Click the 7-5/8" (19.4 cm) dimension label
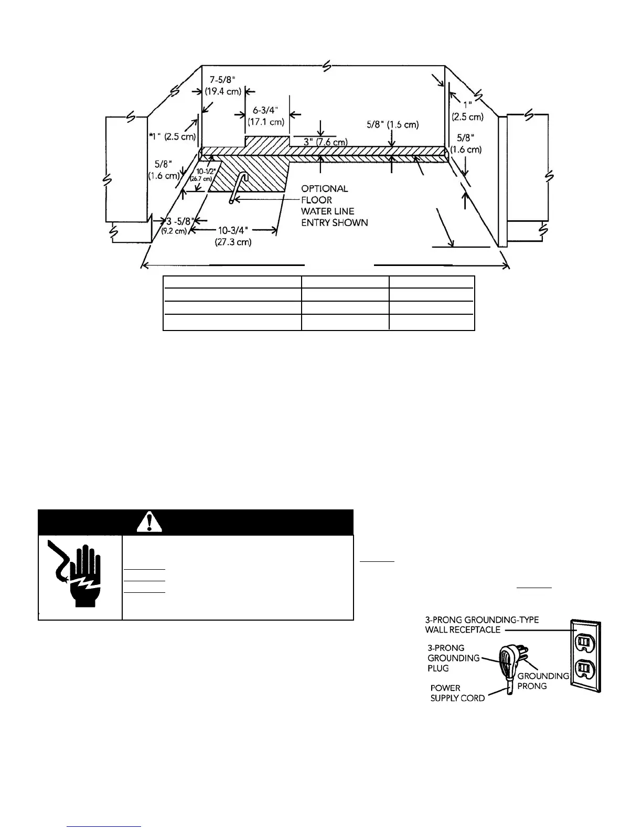click(225, 85)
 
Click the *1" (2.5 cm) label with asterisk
click(172, 136)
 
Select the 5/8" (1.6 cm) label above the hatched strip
click(392, 125)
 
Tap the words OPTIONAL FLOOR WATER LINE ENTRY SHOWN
click(334, 206)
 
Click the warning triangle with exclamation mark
click(151, 521)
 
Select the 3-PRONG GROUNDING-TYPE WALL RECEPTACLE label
click(481, 625)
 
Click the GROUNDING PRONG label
click(543, 681)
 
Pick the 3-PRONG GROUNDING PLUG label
click(453, 658)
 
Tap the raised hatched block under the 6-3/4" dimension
click(267, 142)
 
